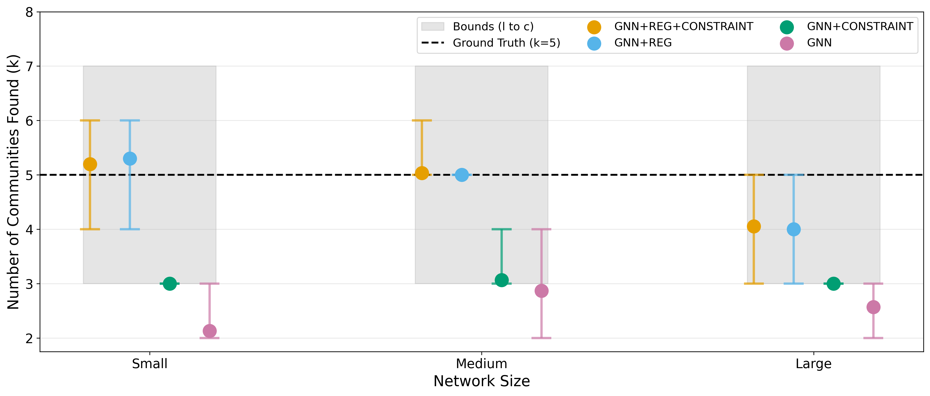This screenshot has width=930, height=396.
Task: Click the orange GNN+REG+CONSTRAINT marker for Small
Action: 90,164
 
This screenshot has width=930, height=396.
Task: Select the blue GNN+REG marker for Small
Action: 130,159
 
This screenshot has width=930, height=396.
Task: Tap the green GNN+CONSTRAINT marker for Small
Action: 170,284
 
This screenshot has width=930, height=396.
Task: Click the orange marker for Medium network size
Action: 422,173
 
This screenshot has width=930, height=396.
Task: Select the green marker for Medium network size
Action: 501,280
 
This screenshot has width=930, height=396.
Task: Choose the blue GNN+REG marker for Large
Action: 793,229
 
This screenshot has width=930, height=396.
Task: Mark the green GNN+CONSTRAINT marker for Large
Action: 834,284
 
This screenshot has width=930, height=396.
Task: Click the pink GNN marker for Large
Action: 873,307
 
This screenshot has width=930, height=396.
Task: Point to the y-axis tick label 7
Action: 29,66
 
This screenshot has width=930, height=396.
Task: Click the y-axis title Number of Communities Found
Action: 13,182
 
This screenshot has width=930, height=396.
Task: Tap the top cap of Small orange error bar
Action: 90,120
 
